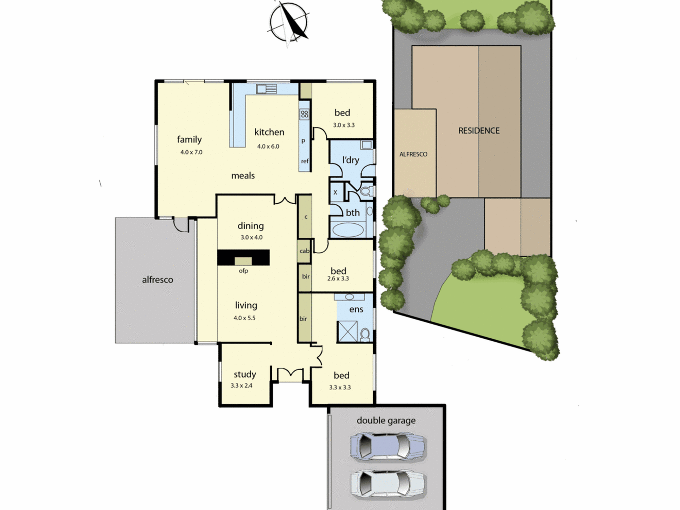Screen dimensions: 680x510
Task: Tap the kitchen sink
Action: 267,89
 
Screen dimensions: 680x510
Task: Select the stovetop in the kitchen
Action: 304,114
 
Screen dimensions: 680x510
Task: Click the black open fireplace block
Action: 243,257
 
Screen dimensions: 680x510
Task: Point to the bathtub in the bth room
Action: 348,230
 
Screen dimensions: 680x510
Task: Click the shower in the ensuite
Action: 347,331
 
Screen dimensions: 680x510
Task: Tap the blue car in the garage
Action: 388,445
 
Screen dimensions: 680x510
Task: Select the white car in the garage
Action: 388,484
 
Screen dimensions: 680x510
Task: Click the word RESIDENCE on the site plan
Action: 479,131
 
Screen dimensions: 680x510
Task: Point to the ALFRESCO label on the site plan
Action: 413,154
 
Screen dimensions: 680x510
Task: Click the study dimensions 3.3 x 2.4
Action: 241,386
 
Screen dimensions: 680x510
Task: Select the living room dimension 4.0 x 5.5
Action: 244,318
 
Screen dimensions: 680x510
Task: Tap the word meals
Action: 243,176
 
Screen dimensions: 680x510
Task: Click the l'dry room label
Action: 351,160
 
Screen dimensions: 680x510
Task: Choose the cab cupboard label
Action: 304,251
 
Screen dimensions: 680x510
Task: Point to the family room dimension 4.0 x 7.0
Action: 191,152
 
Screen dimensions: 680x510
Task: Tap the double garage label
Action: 386,421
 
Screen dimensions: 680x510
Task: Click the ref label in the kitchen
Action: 305,161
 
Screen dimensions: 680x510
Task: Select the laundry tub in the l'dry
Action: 367,145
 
